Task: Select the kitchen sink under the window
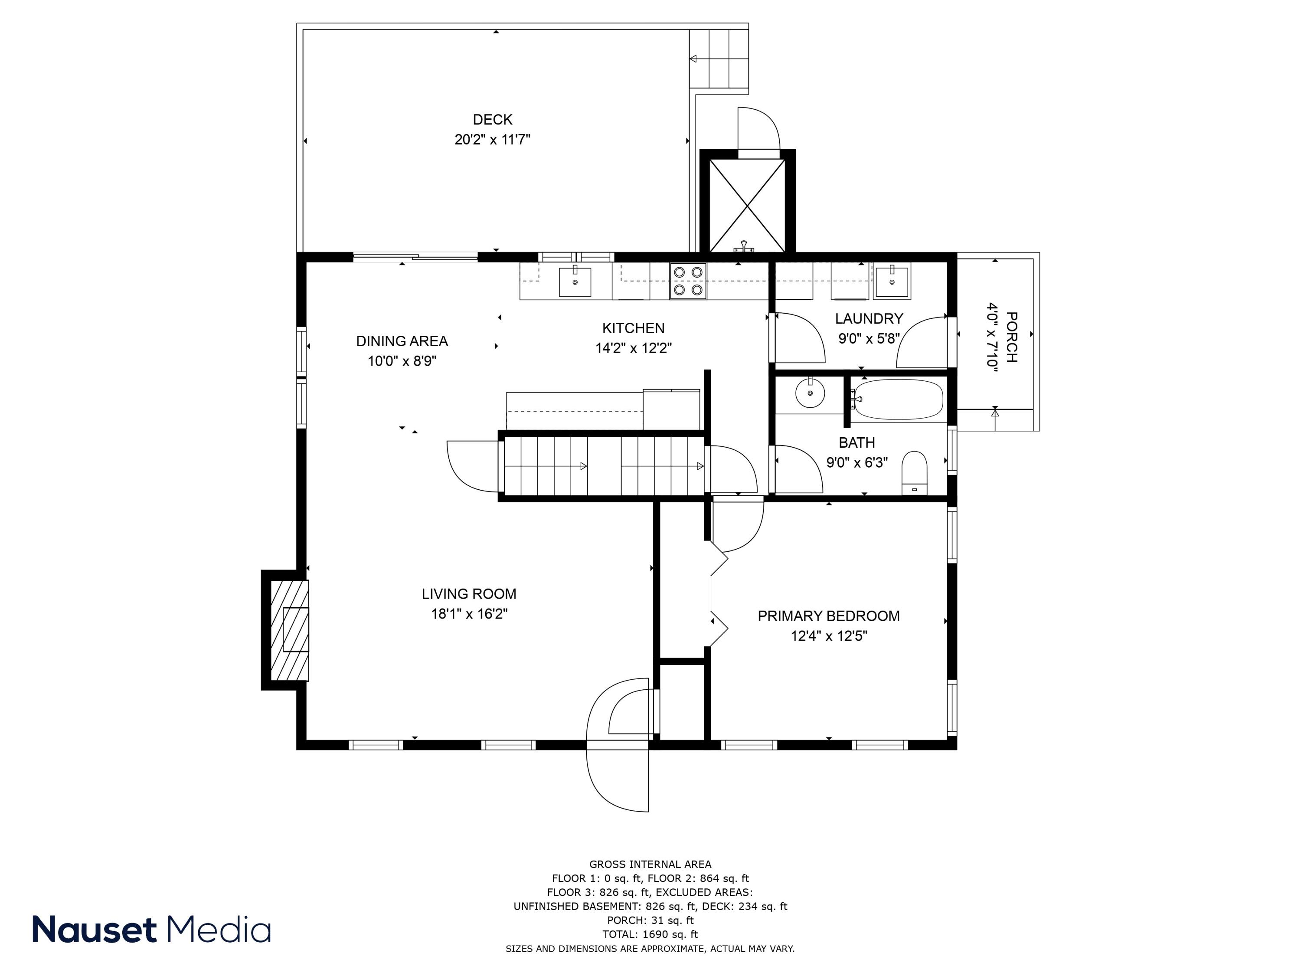pyautogui.click(x=575, y=281)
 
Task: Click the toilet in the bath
pyautogui.click(x=914, y=473)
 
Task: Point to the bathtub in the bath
pyautogui.click(x=898, y=400)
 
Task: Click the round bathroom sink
pyautogui.click(x=811, y=393)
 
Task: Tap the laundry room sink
pyautogui.click(x=892, y=281)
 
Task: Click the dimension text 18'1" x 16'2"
pyautogui.click(x=469, y=614)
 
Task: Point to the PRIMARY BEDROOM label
pyautogui.click(x=828, y=616)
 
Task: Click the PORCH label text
pyautogui.click(x=1011, y=337)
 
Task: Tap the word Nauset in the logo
pyautogui.click(x=94, y=930)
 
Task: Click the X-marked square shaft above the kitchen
pyautogui.click(x=747, y=205)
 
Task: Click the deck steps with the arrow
pyautogui.click(x=719, y=58)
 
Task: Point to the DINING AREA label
pyautogui.click(x=402, y=341)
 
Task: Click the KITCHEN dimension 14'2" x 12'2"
pyautogui.click(x=634, y=348)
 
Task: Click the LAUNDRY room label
pyautogui.click(x=869, y=319)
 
